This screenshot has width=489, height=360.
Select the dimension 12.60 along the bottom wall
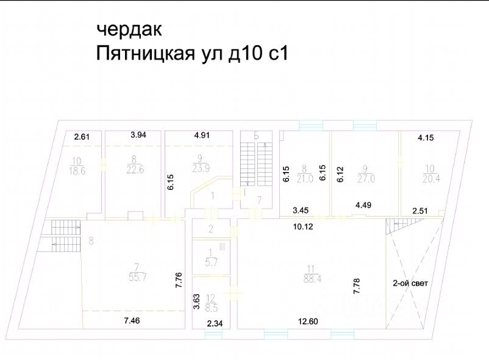tap(310, 322)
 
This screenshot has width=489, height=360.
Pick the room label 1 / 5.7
tap(210, 257)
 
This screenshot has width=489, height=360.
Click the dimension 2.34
tap(215, 323)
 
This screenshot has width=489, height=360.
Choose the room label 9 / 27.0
tap(364, 173)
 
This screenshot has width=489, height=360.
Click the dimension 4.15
tap(427, 139)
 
